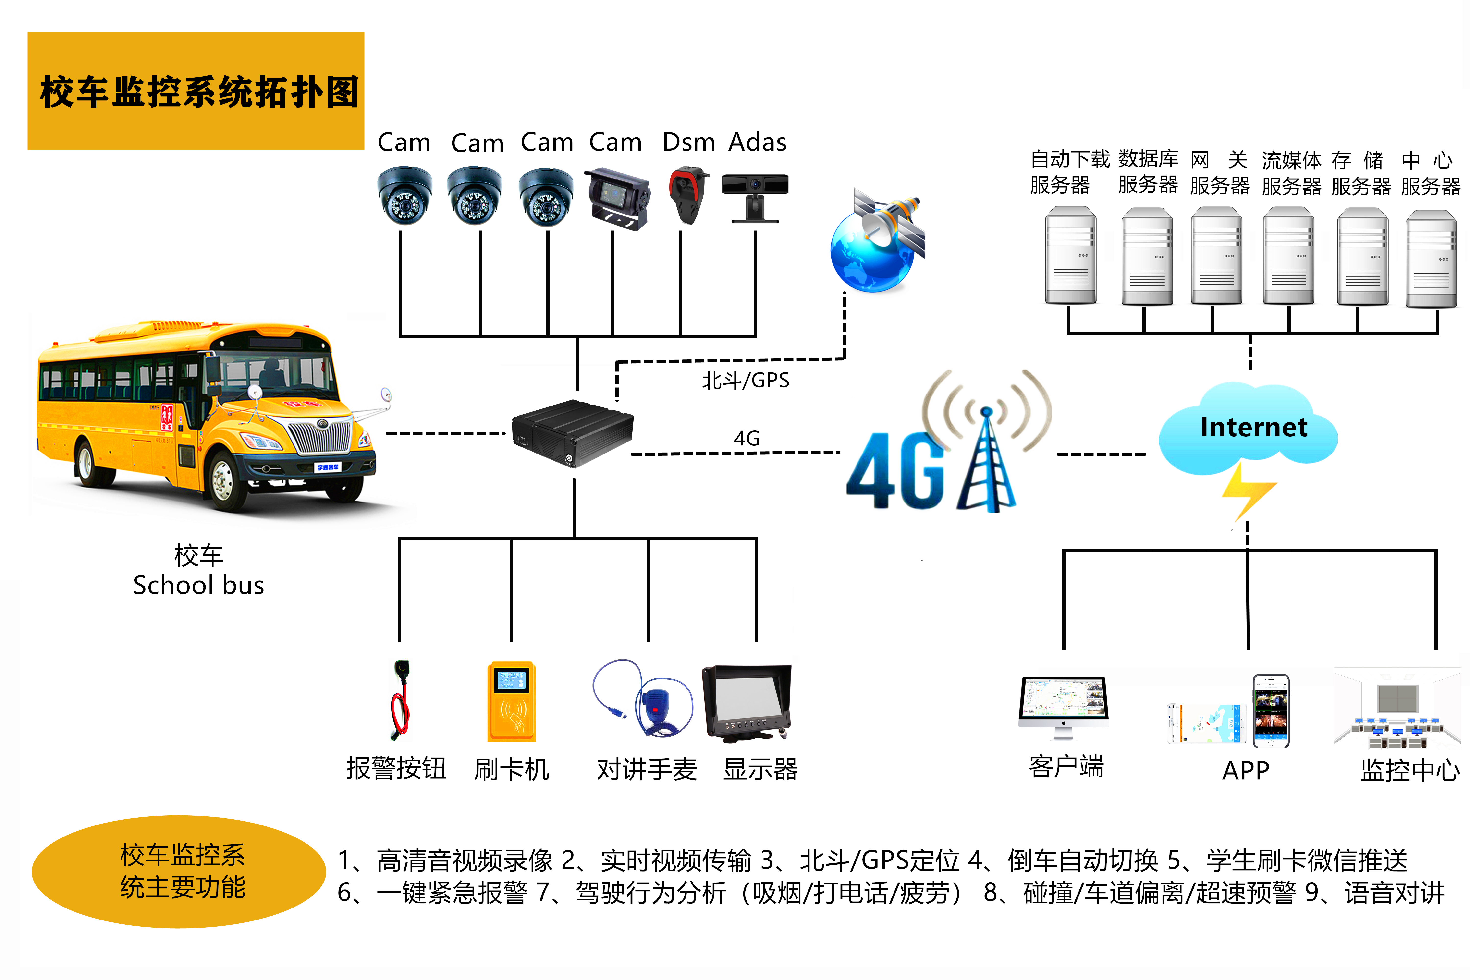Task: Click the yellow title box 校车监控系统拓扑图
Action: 196,91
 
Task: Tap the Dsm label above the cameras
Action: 688,143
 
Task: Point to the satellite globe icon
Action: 877,241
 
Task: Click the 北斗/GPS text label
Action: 745,380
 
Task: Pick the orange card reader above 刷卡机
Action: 512,701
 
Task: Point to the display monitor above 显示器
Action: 747,703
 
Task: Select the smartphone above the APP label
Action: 1271,711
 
